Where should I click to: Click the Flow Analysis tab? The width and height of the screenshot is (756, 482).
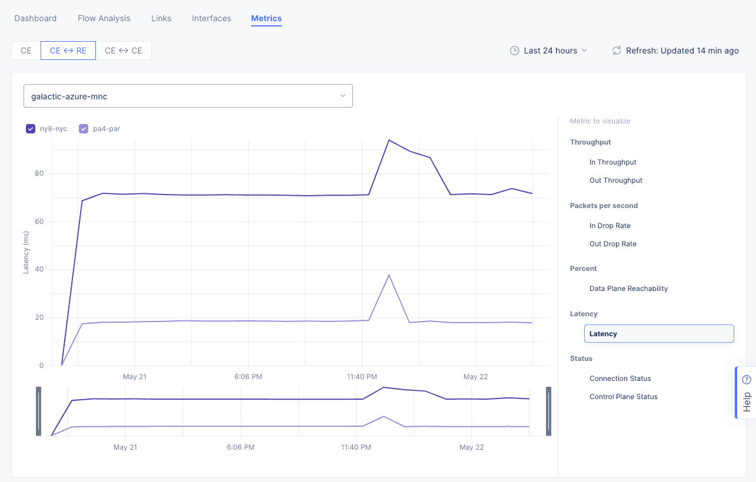pos(104,18)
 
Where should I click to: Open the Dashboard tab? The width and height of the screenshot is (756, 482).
pos(35,18)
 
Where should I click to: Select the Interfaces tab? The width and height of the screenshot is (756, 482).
pos(211,18)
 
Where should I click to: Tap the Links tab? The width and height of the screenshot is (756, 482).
pos(161,18)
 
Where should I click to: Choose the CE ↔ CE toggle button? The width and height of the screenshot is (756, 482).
pos(124,51)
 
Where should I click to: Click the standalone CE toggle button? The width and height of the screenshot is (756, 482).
pos(26,51)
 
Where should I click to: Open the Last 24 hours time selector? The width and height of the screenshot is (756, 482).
pos(548,51)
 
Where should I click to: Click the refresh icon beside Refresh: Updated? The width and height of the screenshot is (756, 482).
pos(617,51)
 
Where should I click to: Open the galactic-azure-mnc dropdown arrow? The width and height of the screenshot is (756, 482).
pos(342,96)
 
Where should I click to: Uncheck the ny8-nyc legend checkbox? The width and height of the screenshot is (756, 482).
pos(31,129)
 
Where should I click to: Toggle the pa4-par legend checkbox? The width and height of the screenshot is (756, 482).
pos(84,129)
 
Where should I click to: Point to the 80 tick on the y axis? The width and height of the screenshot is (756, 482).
pos(39,173)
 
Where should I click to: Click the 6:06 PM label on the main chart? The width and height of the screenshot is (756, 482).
pos(248,377)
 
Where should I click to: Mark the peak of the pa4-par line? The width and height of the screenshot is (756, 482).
pos(389,275)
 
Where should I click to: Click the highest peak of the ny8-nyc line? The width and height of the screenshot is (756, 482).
pos(389,140)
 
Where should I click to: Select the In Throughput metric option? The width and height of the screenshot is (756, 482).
pos(612,162)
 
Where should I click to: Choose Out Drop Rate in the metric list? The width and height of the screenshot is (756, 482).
pos(612,244)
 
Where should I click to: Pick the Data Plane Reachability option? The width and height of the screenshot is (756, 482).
pos(628,289)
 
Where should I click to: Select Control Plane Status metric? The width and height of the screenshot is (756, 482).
pos(623,397)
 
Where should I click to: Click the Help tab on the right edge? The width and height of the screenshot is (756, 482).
pos(747,393)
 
